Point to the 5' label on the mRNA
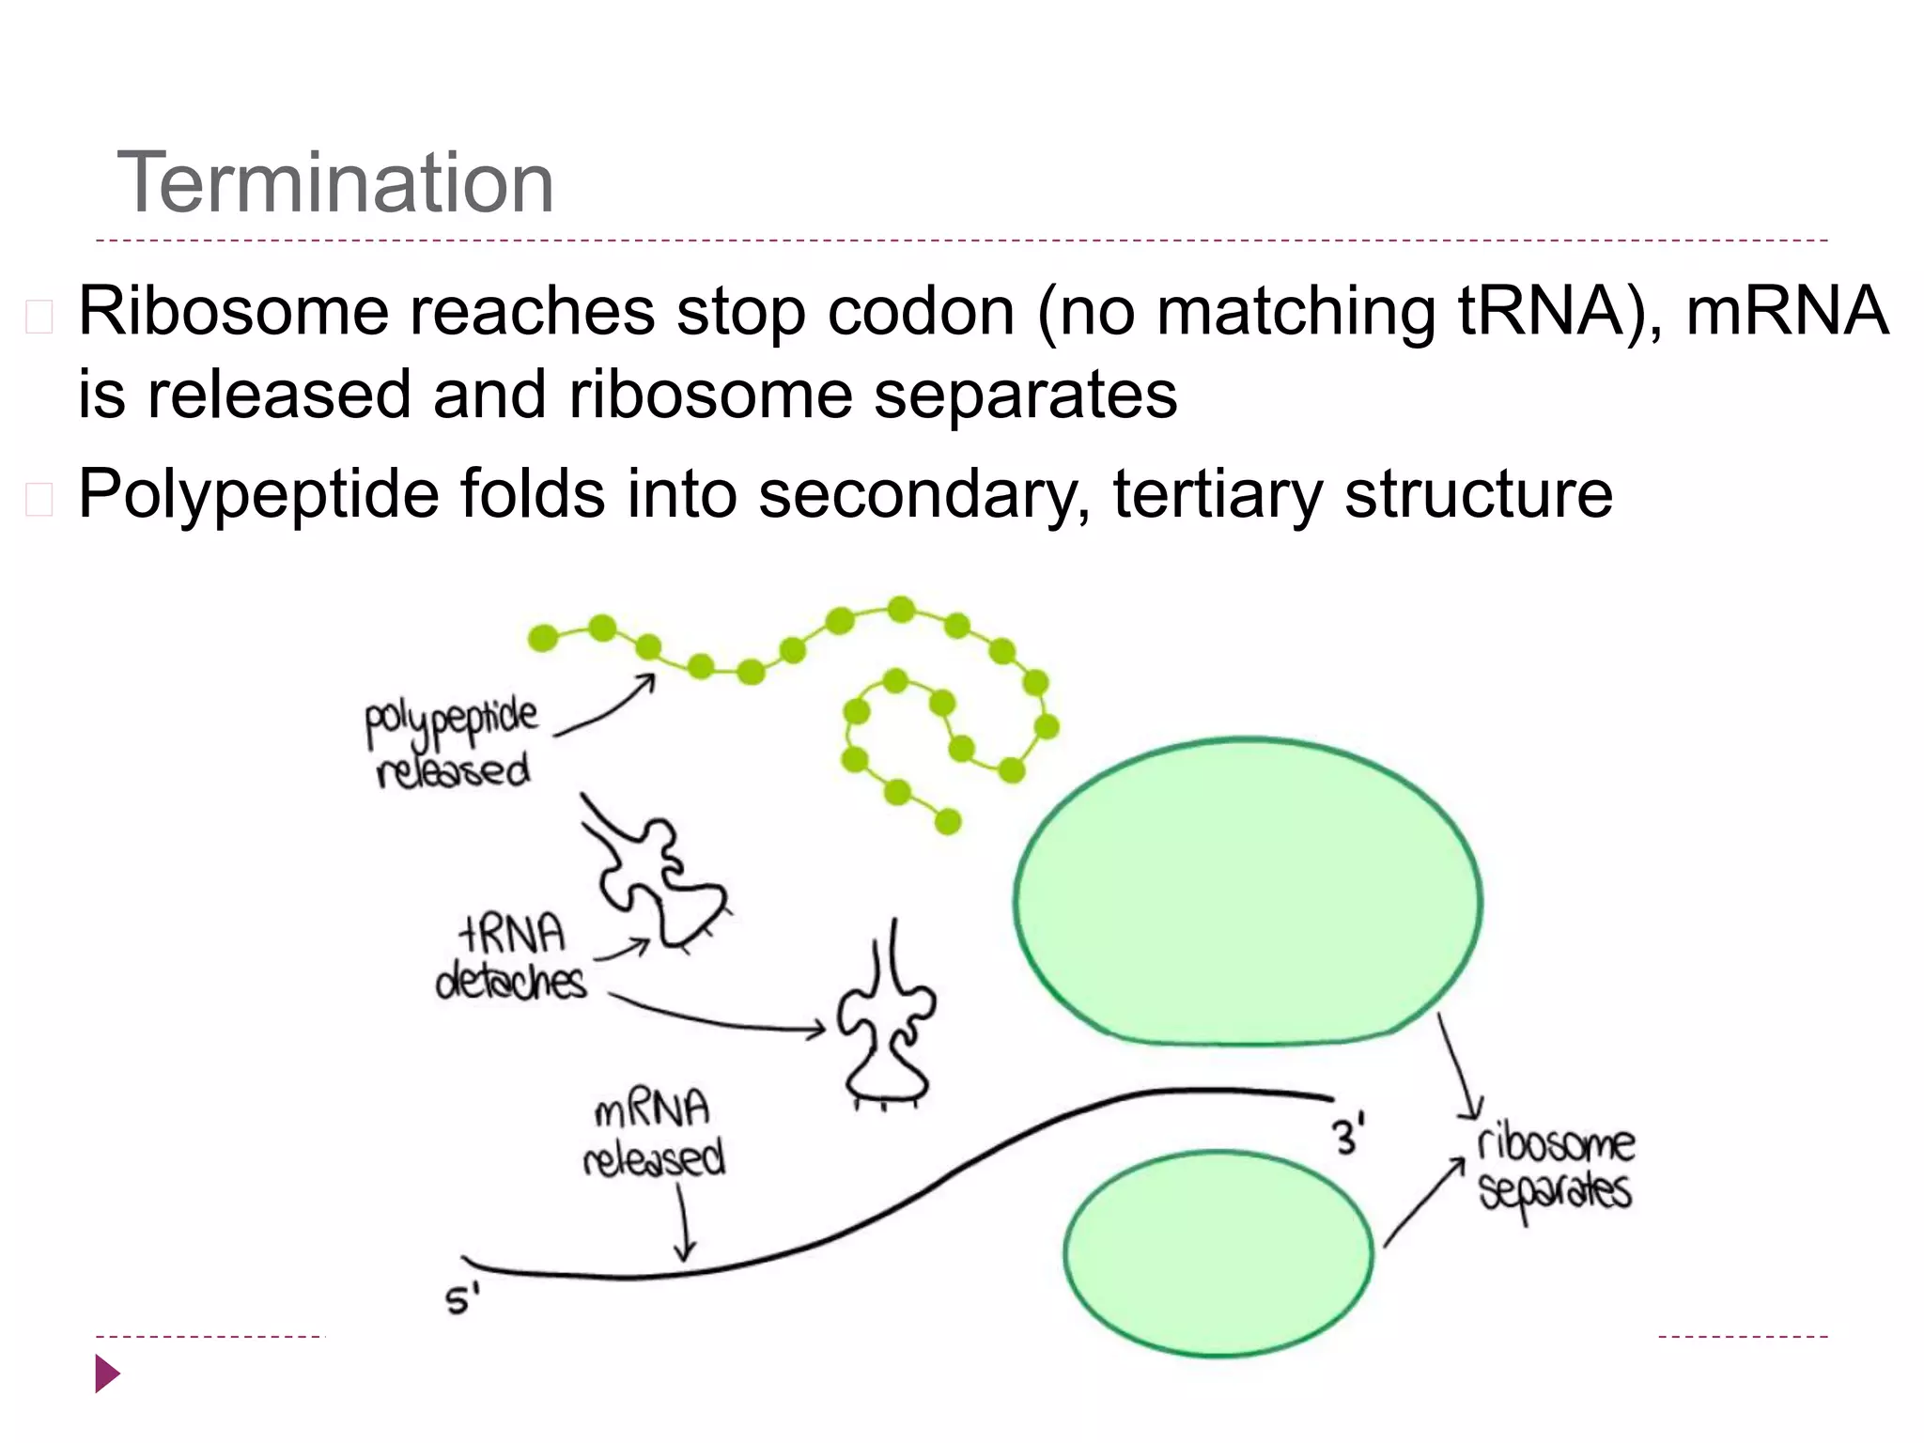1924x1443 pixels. tap(461, 1300)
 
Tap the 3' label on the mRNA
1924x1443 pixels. tap(1348, 1136)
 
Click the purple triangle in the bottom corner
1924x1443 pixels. tap(107, 1373)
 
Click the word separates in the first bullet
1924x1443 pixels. tap(1026, 395)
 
